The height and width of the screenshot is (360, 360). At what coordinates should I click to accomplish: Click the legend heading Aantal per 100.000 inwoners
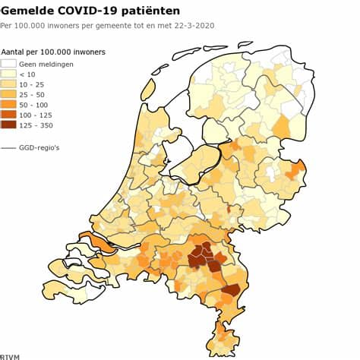53,52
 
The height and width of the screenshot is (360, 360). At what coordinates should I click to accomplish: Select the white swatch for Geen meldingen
8,64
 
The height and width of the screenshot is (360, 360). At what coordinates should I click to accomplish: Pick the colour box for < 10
8,74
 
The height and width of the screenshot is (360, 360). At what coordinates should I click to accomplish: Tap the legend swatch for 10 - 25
8,84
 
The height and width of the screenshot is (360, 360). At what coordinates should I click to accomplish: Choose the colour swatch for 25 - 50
8,94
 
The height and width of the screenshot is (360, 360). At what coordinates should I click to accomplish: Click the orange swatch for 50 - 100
8,104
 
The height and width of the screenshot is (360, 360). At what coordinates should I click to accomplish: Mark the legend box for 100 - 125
8,114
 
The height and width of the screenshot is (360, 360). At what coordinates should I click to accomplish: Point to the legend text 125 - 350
36,125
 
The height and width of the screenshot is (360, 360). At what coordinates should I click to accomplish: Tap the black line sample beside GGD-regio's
8,147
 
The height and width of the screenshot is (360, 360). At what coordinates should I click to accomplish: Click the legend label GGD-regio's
40,147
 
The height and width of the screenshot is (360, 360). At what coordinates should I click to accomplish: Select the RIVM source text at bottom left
10,355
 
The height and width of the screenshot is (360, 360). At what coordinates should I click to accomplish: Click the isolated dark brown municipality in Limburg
231,290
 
